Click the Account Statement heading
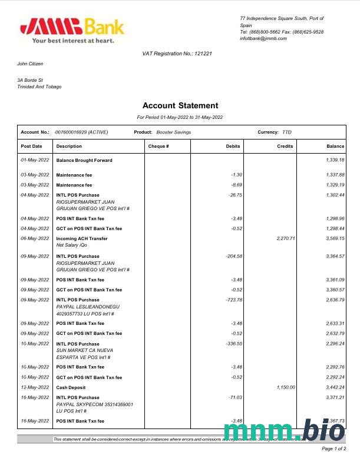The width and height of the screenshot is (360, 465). click(180, 106)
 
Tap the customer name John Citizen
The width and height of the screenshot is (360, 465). click(30, 64)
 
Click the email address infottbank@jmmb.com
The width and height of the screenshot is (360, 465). click(263, 38)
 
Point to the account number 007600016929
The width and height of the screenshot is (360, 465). click(71, 132)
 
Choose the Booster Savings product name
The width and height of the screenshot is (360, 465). click(174, 132)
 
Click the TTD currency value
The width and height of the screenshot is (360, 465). click(287, 132)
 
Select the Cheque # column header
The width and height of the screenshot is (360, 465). click(158, 146)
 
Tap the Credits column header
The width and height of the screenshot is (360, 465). click(285, 146)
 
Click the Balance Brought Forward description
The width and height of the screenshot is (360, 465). click(84, 160)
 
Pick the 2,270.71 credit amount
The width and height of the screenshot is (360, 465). click(285, 238)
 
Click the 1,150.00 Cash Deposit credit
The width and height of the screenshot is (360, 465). click(285, 387)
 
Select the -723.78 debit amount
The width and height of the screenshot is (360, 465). click(233, 300)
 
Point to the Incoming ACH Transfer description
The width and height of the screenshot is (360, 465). click(82, 238)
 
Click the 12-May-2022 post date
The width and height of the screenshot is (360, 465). click(35, 387)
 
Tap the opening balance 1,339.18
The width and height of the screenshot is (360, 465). click(335, 160)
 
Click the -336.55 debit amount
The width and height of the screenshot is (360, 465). click(233, 344)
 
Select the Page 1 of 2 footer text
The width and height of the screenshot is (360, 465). click(333, 449)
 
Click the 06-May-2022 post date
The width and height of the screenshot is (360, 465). click(35, 238)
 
